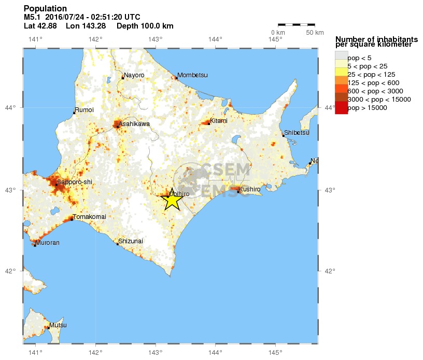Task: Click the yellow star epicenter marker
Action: pos(172,199)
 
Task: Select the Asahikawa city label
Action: pos(134,124)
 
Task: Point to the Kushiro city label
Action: pos(250,189)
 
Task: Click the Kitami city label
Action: pos(219,120)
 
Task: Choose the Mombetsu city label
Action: pos(192,75)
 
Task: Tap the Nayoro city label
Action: pos(134,75)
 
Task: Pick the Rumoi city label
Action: pos(84,110)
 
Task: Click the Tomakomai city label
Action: pos(89,216)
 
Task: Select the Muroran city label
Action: pos(48,242)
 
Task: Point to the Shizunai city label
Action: pos(130,241)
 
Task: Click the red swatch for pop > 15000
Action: pos(341,108)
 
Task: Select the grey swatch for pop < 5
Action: pos(341,56)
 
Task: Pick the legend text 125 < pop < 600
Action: pos(373,82)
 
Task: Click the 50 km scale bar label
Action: pos(315,33)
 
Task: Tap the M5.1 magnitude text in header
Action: pos(33,17)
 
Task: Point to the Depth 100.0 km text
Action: pos(145,26)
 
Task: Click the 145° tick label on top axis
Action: pos(276,39)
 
